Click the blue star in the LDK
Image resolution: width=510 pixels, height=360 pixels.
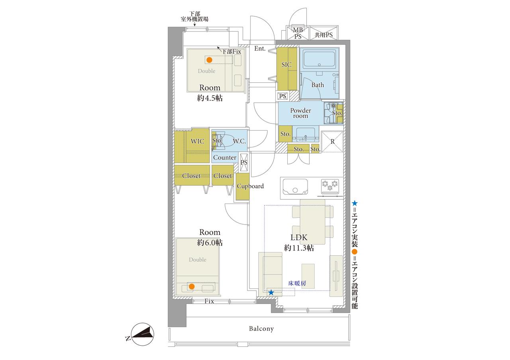pos(271,292)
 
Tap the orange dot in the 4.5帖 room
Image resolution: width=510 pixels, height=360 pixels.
pos(209,60)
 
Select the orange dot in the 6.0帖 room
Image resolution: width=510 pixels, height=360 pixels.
pos(192,286)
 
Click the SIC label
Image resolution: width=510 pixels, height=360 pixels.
pos(286,65)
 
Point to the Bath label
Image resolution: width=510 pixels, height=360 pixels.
pos(318,85)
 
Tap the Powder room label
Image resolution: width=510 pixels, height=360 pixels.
pos(300,113)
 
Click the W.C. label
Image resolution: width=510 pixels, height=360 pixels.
pos(239,141)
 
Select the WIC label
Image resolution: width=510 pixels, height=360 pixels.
pos(197,141)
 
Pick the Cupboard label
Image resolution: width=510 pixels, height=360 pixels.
pos(250,186)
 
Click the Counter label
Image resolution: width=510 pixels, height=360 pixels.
pos(225,157)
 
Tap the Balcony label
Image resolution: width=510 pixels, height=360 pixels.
pos(261,329)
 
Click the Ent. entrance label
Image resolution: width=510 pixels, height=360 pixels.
pos(260,49)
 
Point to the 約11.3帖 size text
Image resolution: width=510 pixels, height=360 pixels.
pos(299,248)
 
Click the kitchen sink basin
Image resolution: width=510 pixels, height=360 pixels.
pos(295,187)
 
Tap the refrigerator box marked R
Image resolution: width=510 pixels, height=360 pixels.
pos(332,141)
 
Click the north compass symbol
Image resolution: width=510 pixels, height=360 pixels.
pos(142,334)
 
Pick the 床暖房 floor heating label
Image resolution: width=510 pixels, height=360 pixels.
pos(297,283)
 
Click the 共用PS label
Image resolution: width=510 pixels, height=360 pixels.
pos(324,35)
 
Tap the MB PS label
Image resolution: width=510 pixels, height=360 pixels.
pos(298,33)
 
